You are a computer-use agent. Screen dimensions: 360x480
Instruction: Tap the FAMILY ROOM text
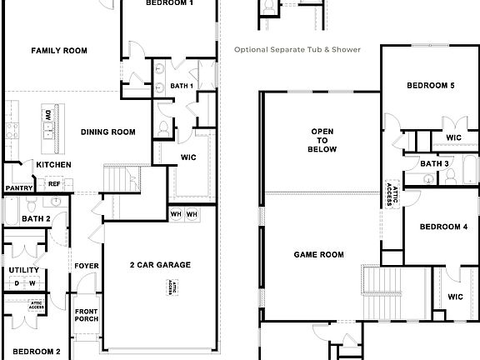[59, 51]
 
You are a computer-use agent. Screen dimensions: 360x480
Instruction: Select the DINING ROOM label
[108, 132]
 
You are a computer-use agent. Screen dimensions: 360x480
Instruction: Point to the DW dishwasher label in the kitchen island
[48, 115]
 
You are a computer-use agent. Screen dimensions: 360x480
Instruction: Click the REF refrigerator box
[54, 183]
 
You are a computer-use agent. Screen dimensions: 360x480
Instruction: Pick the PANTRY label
[18, 188]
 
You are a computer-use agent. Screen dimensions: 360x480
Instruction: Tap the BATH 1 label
[182, 86]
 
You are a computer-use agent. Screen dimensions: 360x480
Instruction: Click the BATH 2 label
[37, 219]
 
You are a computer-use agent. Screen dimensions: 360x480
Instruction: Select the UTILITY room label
[24, 270]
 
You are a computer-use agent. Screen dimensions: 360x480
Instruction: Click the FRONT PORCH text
[87, 316]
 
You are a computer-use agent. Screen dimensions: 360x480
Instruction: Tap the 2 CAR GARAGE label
[160, 265]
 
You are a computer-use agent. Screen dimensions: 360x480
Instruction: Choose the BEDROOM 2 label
[37, 352]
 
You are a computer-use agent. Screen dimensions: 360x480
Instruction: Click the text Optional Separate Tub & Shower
[297, 50]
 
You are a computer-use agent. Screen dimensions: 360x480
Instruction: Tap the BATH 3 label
[434, 164]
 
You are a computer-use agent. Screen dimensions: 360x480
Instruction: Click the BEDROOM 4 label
[442, 227]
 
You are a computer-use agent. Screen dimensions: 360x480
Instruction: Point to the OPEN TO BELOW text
[323, 141]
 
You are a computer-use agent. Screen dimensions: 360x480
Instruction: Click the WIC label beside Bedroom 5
[453, 137]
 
